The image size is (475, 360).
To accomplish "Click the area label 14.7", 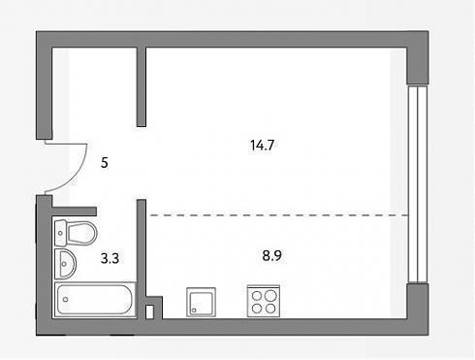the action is point(262,145).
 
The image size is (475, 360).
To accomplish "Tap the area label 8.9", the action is point(271,255).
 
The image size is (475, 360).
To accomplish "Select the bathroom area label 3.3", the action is point(110,258).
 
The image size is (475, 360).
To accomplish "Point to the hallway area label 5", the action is point(105,163).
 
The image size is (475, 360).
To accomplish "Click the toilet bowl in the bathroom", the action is point(82,233).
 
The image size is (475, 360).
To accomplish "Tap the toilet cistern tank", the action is point(60,233).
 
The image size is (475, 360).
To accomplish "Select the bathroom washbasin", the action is point(65,264).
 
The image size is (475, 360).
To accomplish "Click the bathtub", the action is point(95,300).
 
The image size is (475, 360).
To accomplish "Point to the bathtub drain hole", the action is point(66,300).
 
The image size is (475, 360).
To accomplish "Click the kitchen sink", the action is point(201,302).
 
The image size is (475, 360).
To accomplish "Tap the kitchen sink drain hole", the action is point(194,311).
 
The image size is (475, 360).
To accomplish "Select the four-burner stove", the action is point(264,301).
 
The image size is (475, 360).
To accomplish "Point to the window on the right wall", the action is point(418,184).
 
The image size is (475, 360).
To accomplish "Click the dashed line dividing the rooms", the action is point(278,214).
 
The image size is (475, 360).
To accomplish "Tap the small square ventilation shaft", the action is point(149,311).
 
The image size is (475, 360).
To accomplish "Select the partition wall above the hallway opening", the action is point(142,86).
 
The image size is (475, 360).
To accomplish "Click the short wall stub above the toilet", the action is point(74,212).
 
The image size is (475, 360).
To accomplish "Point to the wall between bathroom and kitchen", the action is point(142,259).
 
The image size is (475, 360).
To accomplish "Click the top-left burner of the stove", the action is point(257,296).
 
